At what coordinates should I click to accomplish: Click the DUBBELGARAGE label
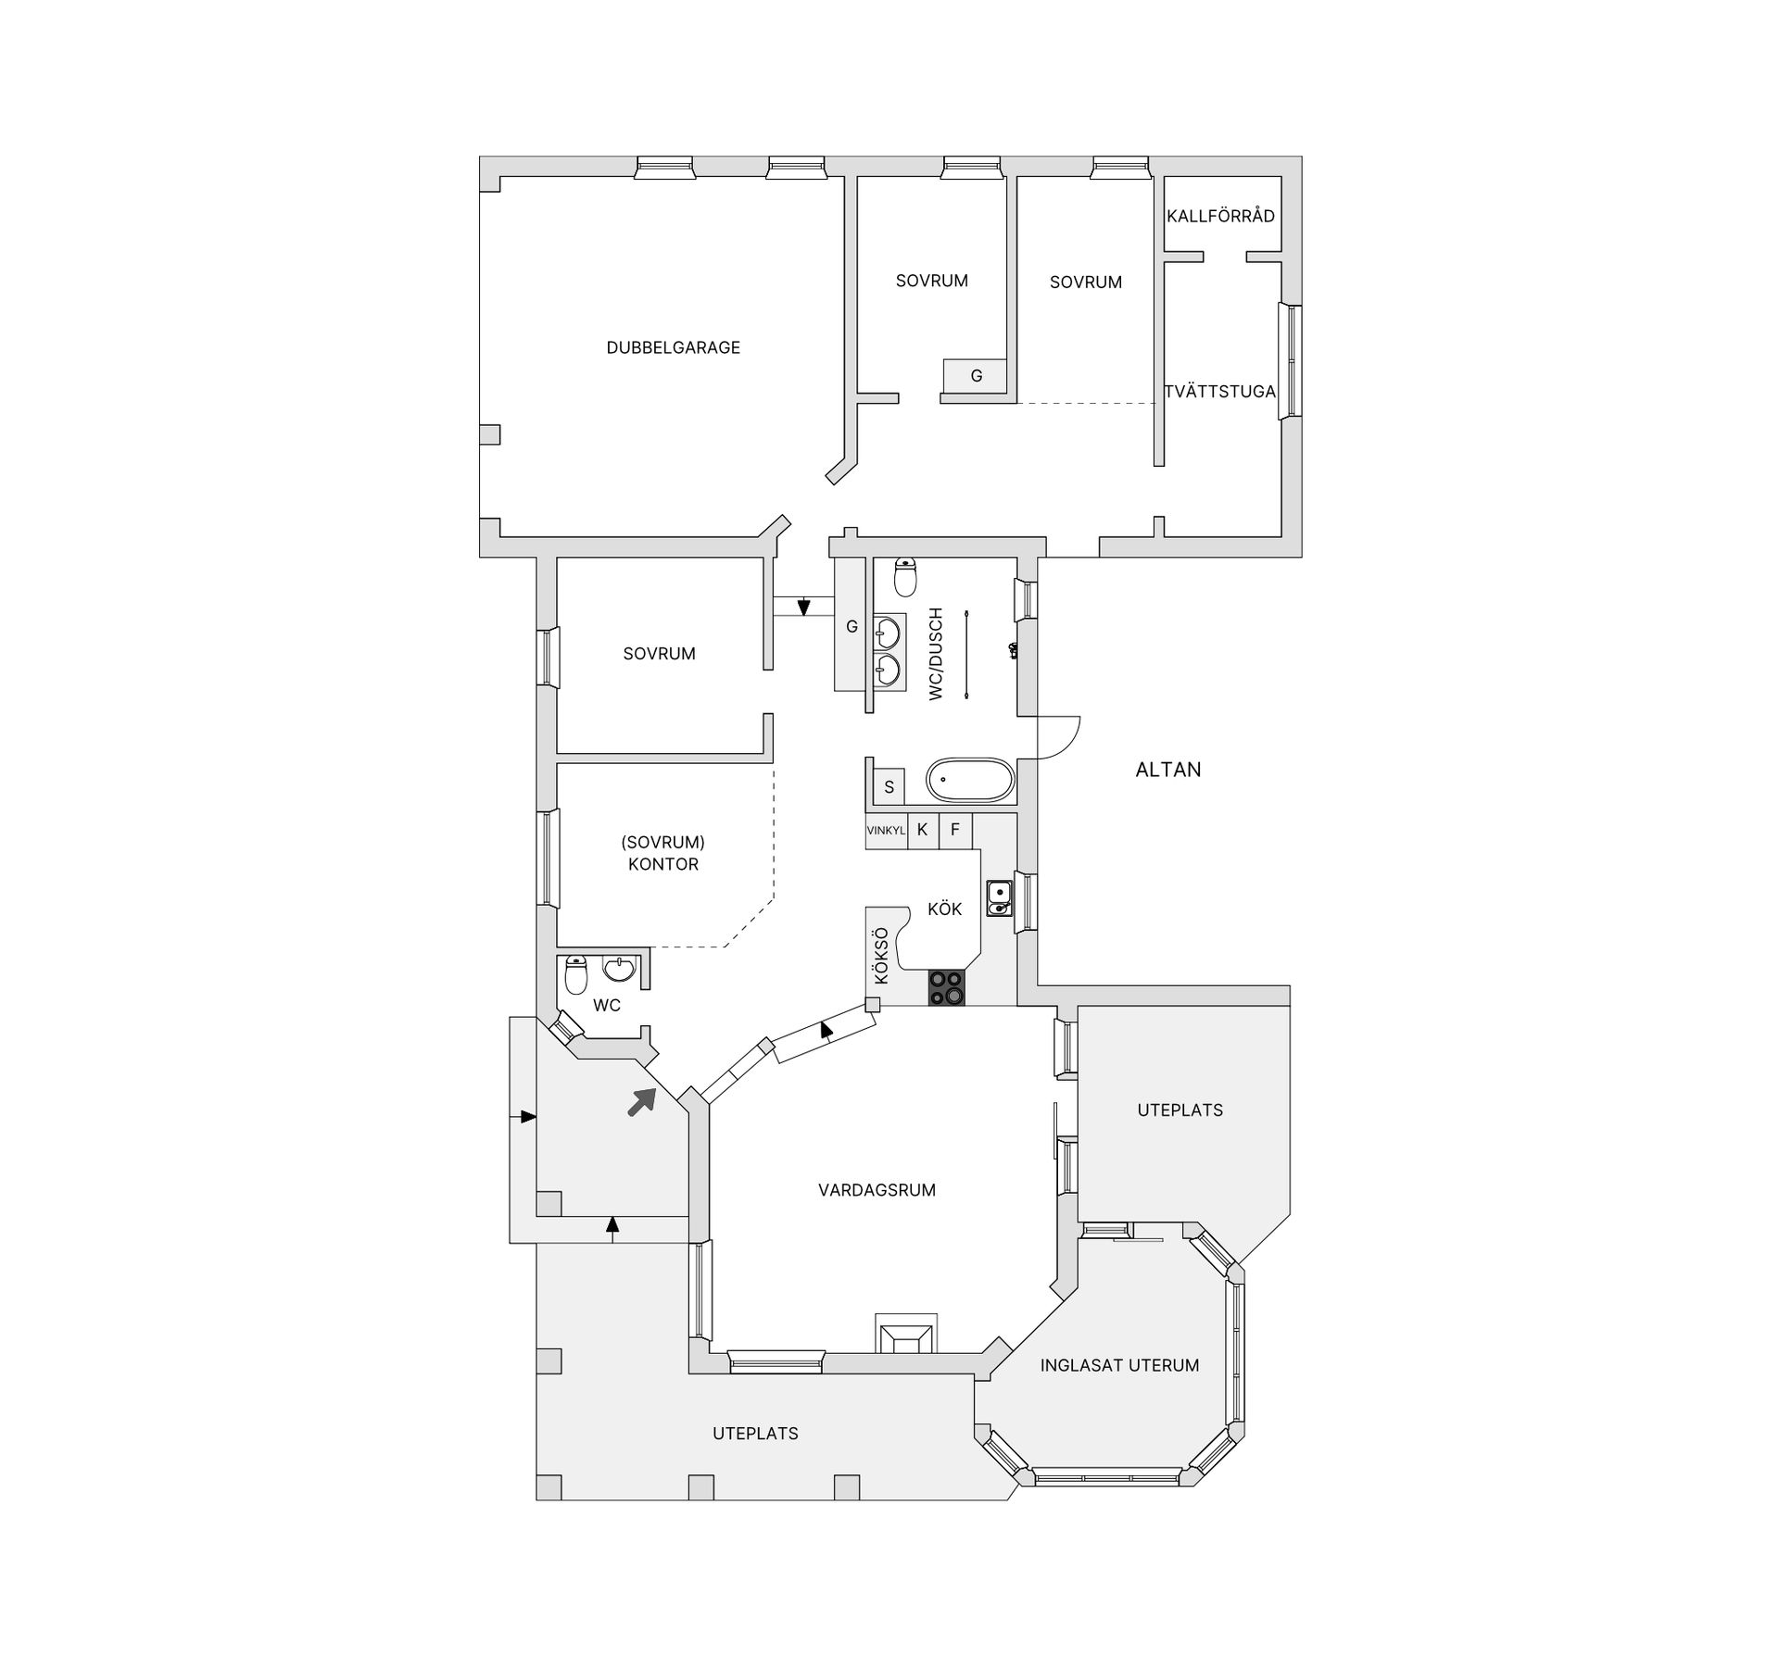pos(673,348)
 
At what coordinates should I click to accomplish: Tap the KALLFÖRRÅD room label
pos(1220,216)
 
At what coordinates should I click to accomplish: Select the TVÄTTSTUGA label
pos(1220,392)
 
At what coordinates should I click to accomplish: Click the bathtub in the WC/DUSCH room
pos(970,781)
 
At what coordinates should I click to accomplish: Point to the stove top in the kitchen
pos(946,987)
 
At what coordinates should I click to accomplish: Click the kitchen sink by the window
pos(999,897)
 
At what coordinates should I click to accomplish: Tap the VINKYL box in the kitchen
pos(886,831)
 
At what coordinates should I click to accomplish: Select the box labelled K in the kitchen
pos(923,831)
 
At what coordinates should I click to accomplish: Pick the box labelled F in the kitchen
pos(955,831)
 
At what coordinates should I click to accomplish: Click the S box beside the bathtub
pos(889,787)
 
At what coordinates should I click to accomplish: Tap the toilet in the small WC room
pos(576,974)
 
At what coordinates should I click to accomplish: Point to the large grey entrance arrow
pos(642,1101)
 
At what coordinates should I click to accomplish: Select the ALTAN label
pos(1168,770)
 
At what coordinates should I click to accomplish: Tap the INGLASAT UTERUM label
pos(1119,1365)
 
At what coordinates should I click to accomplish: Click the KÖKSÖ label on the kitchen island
pos(880,956)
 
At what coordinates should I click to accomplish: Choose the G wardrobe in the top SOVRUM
pos(976,376)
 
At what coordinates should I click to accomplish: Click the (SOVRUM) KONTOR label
pos(663,853)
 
